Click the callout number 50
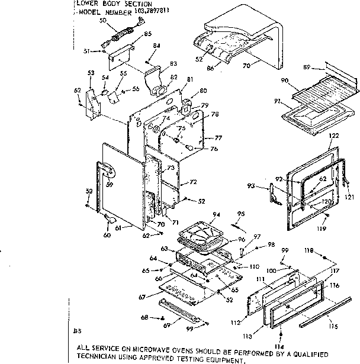[x=103, y=20]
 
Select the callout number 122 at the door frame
[x=334, y=136]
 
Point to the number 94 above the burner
[x=217, y=214]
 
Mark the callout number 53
[x=91, y=72]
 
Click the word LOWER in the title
[x=87, y=3]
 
